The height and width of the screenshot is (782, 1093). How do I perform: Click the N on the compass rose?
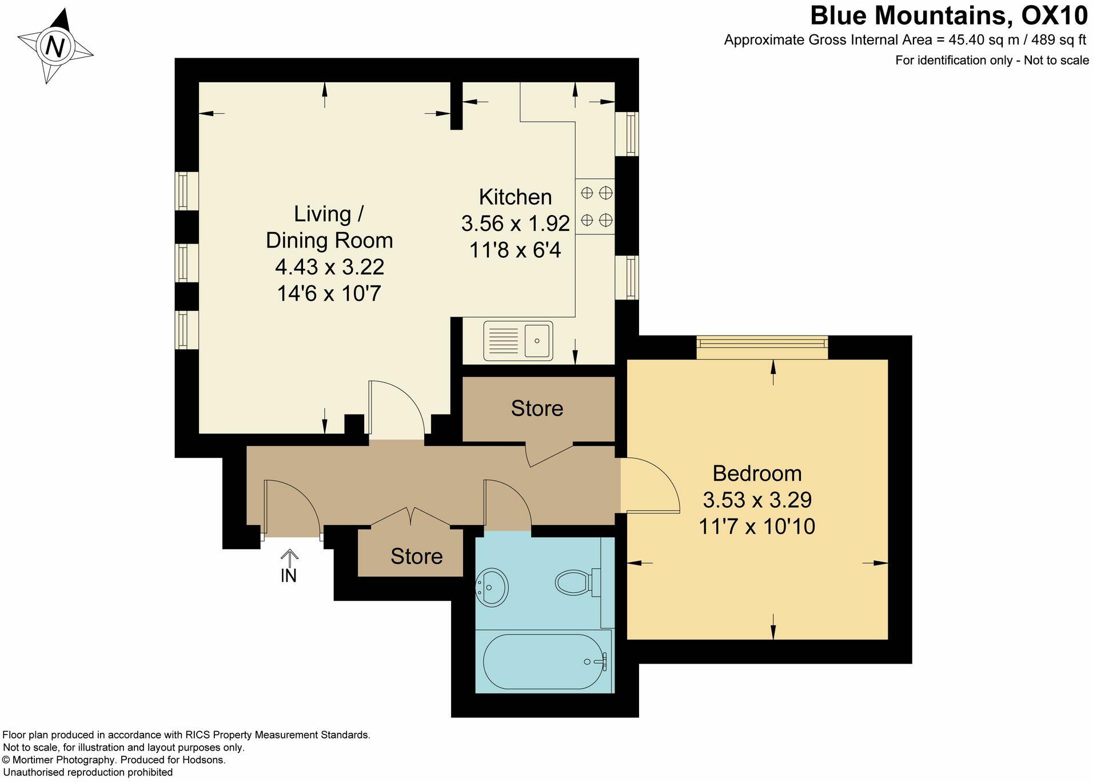pos(55,46)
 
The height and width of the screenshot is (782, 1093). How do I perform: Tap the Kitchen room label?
pos(515,197)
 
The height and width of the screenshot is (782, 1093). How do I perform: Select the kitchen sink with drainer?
pos(518,341)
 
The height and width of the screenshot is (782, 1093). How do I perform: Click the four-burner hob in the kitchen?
pos(596,206)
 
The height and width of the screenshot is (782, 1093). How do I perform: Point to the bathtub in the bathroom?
pos(544,661)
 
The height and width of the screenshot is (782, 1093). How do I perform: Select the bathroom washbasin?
pos(492,586)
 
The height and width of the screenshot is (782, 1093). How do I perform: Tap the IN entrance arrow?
pos(289,566)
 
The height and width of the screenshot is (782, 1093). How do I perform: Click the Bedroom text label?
pos(757,473)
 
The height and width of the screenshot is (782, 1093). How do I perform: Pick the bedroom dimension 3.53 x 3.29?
pos(757,500)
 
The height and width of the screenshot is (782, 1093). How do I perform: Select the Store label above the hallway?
pos(537,408)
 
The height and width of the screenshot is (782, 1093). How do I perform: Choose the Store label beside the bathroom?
pos(416,556)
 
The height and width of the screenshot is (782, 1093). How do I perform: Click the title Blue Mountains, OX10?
pos(948,15)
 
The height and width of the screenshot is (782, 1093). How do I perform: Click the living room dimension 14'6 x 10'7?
pos(329,294)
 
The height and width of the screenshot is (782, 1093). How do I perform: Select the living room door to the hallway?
pos(396,409)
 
